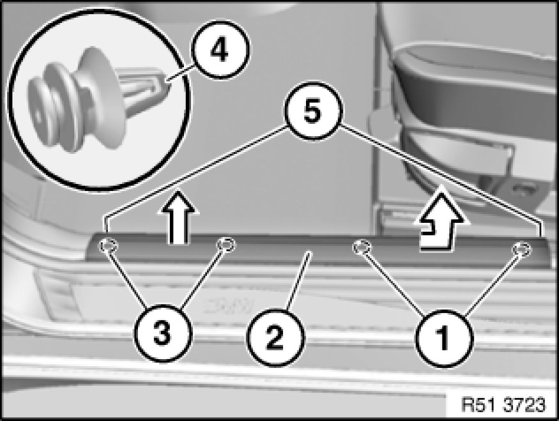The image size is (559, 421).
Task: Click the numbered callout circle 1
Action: (x=444, y=339)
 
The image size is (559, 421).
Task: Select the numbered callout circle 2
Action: (x=274, y=338)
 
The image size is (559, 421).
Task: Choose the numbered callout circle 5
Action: (x=312, y=111)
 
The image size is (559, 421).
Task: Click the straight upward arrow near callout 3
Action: (x=178, y=217)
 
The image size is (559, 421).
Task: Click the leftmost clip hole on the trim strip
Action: (x=108, y=245)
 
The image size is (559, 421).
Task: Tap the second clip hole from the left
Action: (x=226, y=244)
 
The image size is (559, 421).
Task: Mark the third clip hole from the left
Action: (x=362, y=247)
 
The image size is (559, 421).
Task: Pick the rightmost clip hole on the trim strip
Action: (x=521, y=249)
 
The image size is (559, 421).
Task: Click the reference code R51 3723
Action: (x=503, y=404)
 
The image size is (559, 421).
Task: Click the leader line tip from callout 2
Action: (x=310, y=252)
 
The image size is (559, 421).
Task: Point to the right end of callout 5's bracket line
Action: (x=542, y=236)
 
